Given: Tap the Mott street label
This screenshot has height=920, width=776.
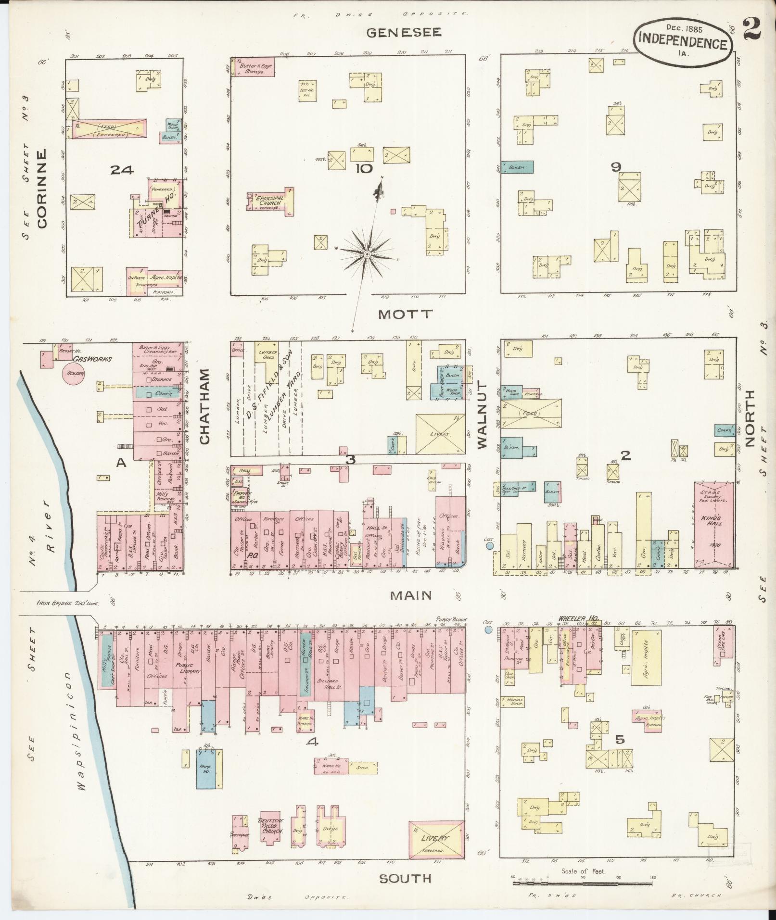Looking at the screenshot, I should coord(405,315).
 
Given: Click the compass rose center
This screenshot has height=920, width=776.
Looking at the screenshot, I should coord(367,253).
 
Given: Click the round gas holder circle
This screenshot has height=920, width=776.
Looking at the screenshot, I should coord(73,373).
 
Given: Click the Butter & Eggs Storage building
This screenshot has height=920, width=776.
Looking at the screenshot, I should coord(254,67).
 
